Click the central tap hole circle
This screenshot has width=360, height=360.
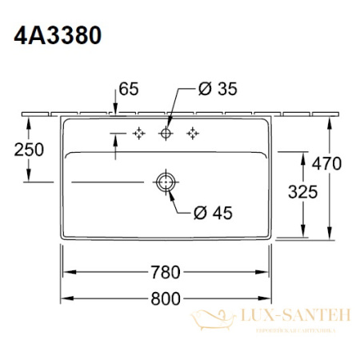pos(166,132)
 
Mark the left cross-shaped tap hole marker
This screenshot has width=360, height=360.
pos(138,132)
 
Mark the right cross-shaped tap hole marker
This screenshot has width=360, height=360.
pos(194,132)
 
